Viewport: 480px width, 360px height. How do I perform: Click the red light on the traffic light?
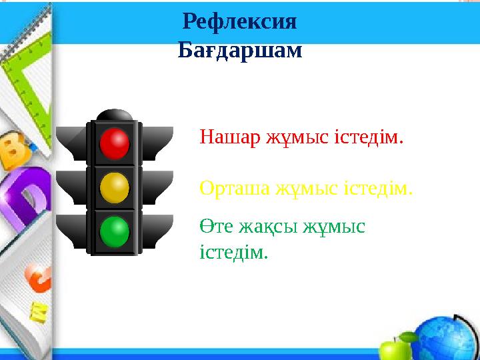[x=114, y=143]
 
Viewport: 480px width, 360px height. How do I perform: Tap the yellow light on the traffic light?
[x=114, y=187]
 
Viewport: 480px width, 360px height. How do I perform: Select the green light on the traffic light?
[x=114, y=231]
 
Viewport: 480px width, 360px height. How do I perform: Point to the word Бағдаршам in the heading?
[x=240, y=50]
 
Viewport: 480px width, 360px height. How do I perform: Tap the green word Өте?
[x=215, y=227]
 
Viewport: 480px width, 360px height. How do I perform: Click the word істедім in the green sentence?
[x=233, y=252]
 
